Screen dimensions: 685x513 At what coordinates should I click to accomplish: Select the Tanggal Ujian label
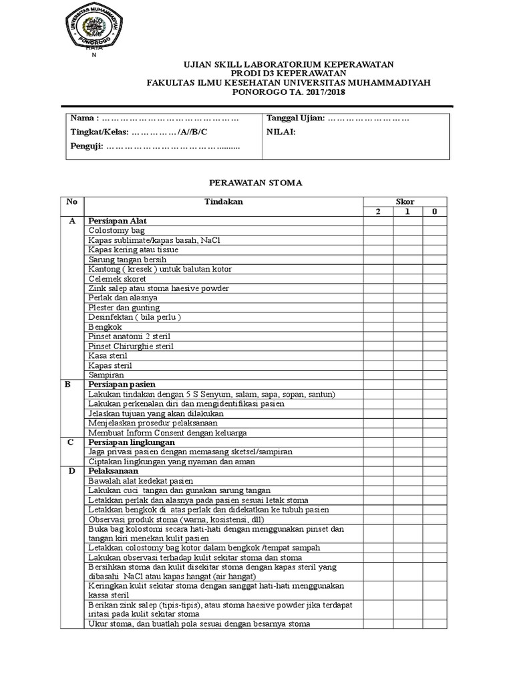[x=295, y=118]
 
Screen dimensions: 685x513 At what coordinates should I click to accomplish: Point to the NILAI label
[x=281, y=132]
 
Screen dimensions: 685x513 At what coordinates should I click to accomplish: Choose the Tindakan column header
[x=223, y=201]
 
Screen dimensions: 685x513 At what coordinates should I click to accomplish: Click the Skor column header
[x=404, y=201]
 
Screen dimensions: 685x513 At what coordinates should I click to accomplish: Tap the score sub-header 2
[x=377, y=211]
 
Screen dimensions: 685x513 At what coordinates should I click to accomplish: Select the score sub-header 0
[x=434, y=211]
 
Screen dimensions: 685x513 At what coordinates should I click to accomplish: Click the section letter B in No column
[x=67, y=385]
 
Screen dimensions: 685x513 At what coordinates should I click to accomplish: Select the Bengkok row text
[x=106, y=326]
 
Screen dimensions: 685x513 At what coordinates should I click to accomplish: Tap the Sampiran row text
[x=106, y=375]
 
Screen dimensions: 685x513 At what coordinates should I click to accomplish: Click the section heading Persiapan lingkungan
[x=131, y=442]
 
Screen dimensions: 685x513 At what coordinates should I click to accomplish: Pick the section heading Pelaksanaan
[x=113, y=471]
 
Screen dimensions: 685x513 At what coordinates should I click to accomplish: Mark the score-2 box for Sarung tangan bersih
[x=377, y=260]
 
